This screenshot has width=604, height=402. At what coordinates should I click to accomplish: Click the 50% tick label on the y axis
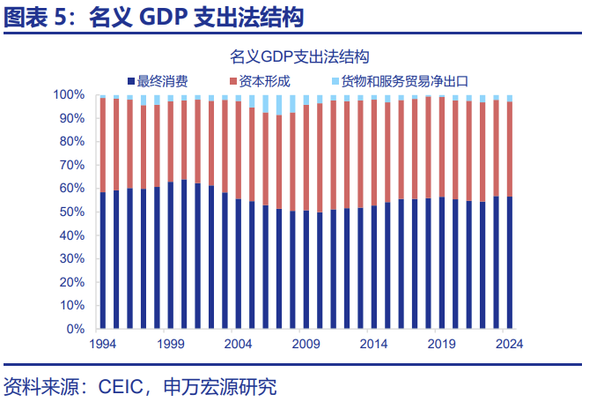(71, 212)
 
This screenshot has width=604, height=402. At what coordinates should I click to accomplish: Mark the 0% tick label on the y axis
(75, 329)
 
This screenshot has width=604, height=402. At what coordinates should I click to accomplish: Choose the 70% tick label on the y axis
(71, 165)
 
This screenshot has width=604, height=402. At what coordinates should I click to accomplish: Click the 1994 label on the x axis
(103, 345)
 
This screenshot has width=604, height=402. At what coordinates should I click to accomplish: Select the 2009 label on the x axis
(306, 345)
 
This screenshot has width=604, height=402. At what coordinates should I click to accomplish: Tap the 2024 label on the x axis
(509, 345)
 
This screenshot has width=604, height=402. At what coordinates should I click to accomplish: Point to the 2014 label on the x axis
(373, 345)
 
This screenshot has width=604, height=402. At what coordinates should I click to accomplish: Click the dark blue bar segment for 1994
(103, 260)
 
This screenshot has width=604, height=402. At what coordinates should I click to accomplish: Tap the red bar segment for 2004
(238, 150)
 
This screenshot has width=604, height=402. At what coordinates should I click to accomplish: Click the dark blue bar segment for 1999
(171, 256)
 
